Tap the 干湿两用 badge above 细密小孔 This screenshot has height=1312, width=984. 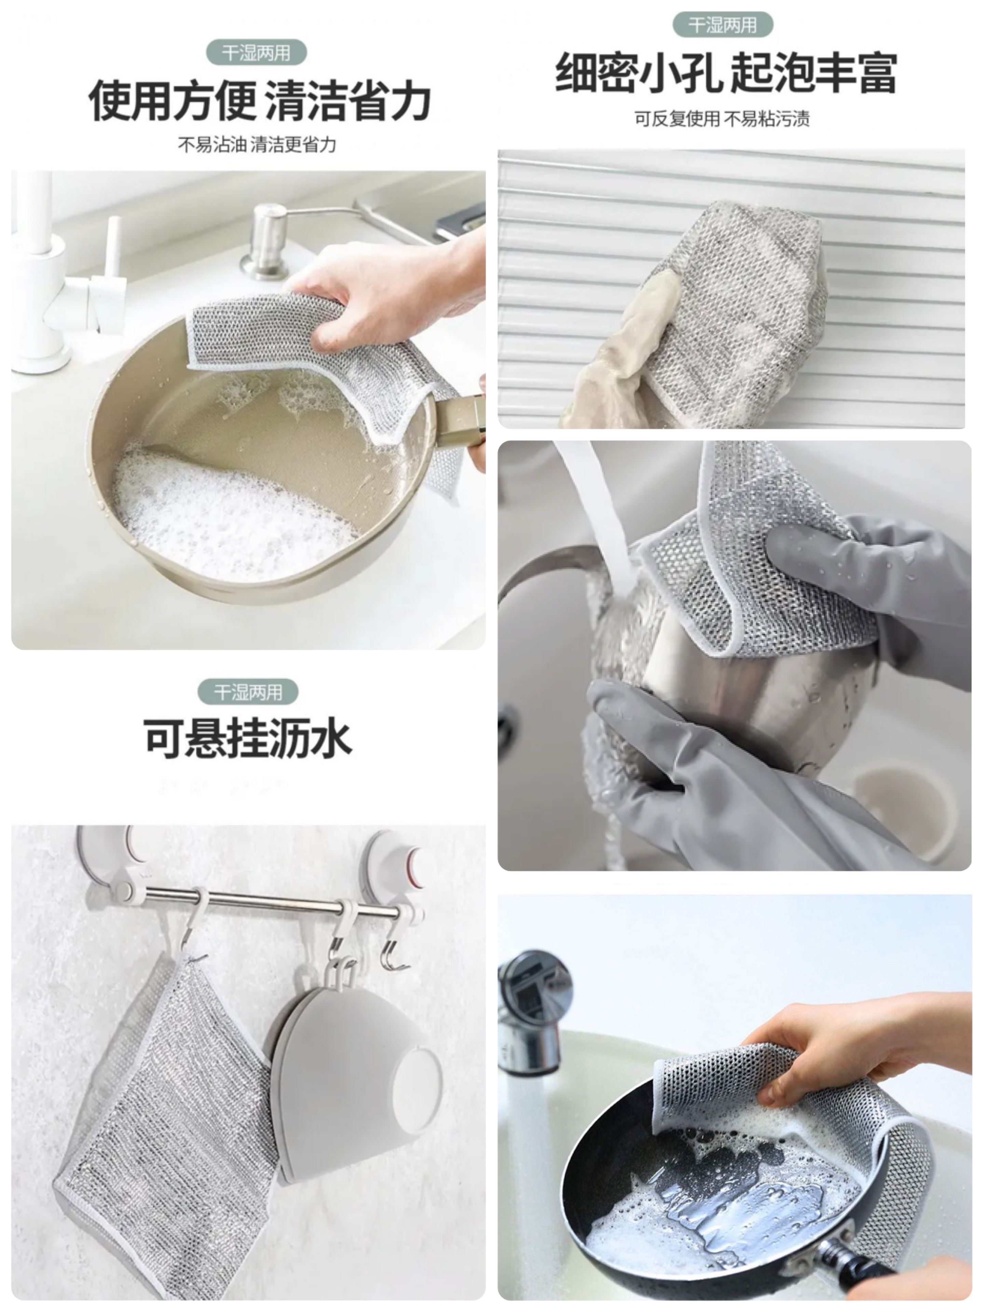[x=722, y=25]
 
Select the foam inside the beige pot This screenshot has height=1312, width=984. [x=225, y=510]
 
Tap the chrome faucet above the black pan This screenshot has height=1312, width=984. [x=531, y=1008]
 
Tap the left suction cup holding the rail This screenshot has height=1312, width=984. [x=107, y=860]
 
